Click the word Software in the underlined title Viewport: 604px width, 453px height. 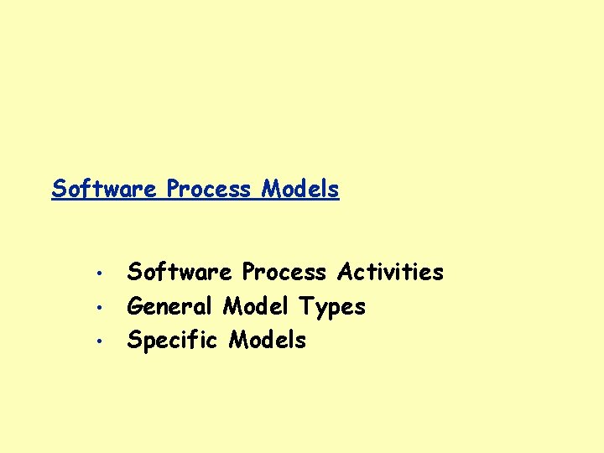104,189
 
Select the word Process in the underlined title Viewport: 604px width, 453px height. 208,189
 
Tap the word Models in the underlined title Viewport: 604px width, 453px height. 300,189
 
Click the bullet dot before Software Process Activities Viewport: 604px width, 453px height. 98,273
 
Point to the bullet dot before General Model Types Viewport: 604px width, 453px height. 98,307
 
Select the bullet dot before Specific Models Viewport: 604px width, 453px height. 98,341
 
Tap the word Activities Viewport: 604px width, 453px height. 390,272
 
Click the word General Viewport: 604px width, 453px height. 171,306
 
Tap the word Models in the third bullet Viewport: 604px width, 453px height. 268,340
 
